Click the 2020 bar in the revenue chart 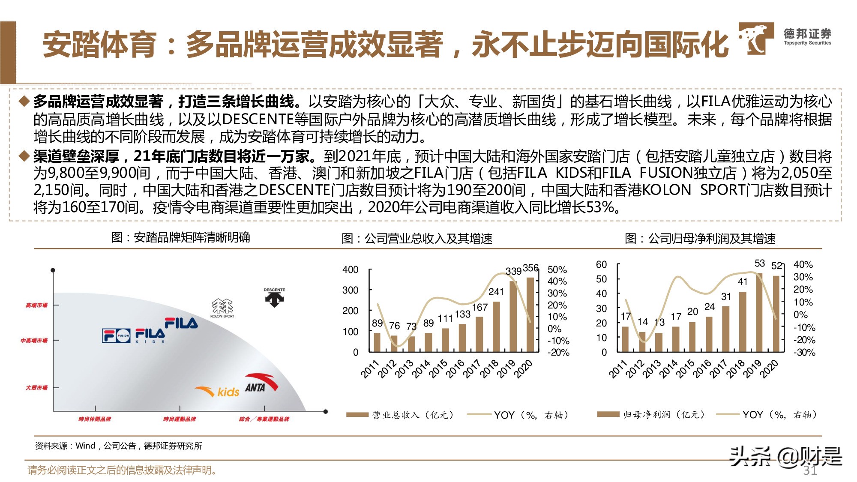(x=530, y=315)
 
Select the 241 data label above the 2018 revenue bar (x=496, y=292)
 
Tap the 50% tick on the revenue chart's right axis (x=557, y=269)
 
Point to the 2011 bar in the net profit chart (x=625, y=339)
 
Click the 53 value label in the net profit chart (x=759, y=263)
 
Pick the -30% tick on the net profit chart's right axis (x=804, y=352)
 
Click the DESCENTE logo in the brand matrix (x=274, y=297)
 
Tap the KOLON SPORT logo (x=222, y=308)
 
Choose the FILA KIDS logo (x=150, y=335)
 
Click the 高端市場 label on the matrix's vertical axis (x=36, y=305)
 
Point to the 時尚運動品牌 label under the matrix (x=180, y=419)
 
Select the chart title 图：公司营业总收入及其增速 (x=417, y=238)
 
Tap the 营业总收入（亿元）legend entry (x=401, y=415)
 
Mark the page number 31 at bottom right (x=809, y=470)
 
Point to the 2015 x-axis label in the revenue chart (x=438, y=368)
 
